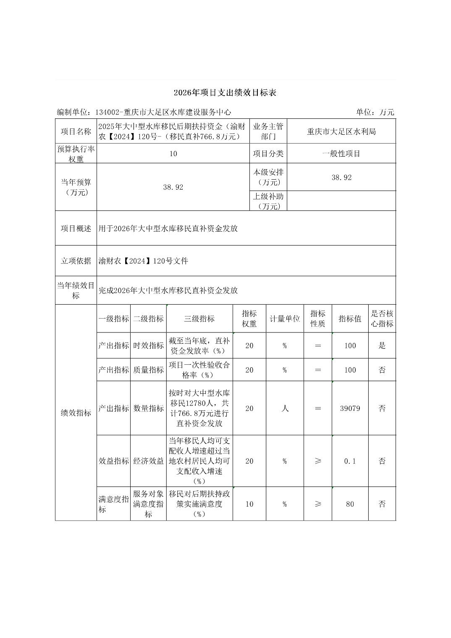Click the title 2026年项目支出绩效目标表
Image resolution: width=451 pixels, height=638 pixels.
pyautogui.click(x=225, y=93)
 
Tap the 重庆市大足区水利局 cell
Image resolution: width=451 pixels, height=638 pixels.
pyautogui.click(x=341, y=131)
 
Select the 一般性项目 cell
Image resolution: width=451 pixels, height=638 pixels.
pyautogui.click(x=341, y=154)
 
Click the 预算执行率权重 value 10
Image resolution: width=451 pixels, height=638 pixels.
pyautogui.click(x=173, y=154)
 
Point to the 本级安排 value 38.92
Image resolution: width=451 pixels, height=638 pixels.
pyautogui.click(x=341, y=178)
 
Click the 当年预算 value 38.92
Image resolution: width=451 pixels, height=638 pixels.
pyautogui.click(x=173, y=187)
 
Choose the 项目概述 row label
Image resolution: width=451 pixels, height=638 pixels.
pyautogui.click(x=76, y=228)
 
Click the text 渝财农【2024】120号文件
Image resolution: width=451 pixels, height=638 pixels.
pyautogui.click(x=143, y=261)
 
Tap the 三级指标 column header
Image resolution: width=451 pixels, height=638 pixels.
pyautogui.click(x=199, y=319)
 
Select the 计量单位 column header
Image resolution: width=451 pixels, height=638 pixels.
pyautogui.click(x=285, y=319)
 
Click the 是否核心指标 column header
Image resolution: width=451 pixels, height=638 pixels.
pyautogui.click(x=382, y=319)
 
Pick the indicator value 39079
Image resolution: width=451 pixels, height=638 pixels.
pyautogui.click(x=350, y=408)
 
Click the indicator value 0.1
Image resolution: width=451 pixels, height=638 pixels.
pyautogui.click(x=350, y=461)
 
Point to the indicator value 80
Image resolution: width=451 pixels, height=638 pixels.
pyautogui.click(x=350, y=504)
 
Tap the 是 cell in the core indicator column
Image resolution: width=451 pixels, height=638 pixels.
pyautogui.click(x=382, y=346)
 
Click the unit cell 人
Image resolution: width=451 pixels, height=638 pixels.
pyautogui.click(x=285, y=408)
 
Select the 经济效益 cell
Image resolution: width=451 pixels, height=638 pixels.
pyautogui.click(x=148, y=461)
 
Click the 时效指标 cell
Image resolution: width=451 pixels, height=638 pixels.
pyautogui.click(x=148, y=346)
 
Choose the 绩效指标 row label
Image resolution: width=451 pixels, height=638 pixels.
pyautogui.click(x=76, y=413)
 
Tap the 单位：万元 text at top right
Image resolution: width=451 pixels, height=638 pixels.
pyautogui.click(x=375, y=112)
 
